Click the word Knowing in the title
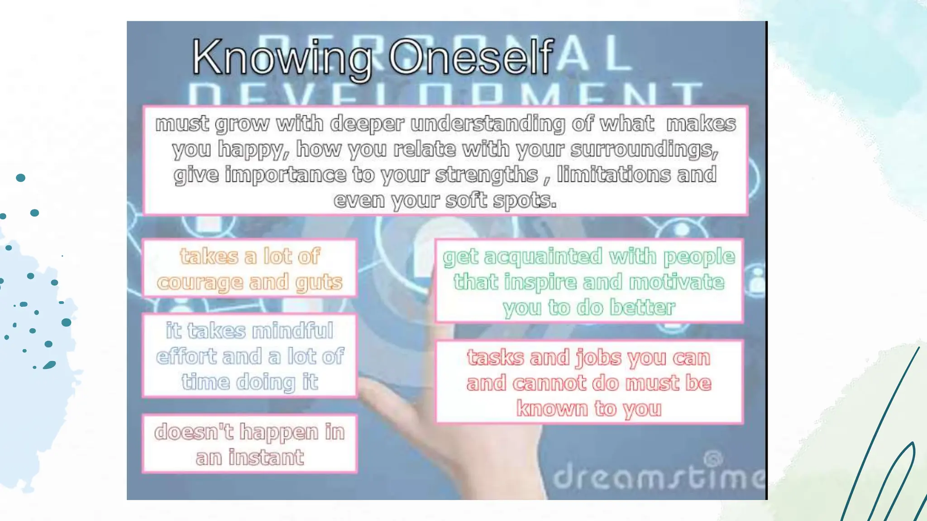282,58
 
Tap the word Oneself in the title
471,57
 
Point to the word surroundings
644,150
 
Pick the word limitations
613,175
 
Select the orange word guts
319,283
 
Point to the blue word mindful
292,331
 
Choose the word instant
266,457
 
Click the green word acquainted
543,257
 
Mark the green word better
642,308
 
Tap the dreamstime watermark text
659,477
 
